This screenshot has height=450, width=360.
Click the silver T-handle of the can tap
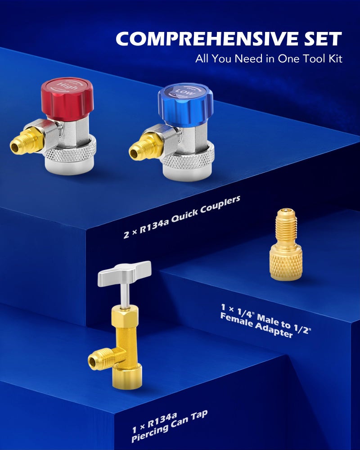click(x=124, y=273)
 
